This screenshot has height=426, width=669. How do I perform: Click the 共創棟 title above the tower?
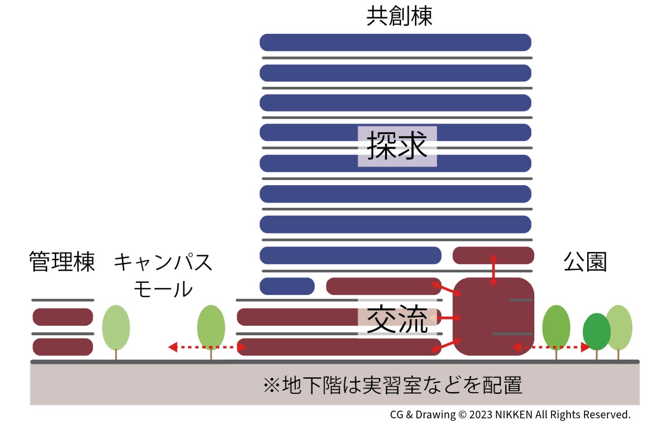[399, 16]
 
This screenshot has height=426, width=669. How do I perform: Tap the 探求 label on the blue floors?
[397, 146]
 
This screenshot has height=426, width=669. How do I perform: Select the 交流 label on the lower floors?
[397, 319]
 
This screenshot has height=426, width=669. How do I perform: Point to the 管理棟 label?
[62, 262]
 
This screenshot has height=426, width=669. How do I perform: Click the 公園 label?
[585, 262]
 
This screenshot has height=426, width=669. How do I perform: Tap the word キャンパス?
[163, 262]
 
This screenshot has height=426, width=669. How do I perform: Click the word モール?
[163, 289]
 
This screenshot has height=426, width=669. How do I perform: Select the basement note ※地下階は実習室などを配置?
[392, 385]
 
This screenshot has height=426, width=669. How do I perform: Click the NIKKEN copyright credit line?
[510, 415]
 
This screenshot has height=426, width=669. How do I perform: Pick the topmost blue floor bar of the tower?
[395, 42]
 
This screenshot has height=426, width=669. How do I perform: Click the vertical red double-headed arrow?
[493, 270]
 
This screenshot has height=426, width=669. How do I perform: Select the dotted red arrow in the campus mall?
[207, 347]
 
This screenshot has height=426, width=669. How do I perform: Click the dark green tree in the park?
[596, 332]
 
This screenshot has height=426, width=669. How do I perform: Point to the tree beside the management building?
[116, 328]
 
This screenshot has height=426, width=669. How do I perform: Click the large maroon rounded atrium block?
[493, 316]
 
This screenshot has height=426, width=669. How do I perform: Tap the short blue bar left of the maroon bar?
[287, 286]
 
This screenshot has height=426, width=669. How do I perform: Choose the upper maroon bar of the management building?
[63, 317]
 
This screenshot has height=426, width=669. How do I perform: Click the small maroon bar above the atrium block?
[493, 255]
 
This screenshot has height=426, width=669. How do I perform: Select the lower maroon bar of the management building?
[63, 347]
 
